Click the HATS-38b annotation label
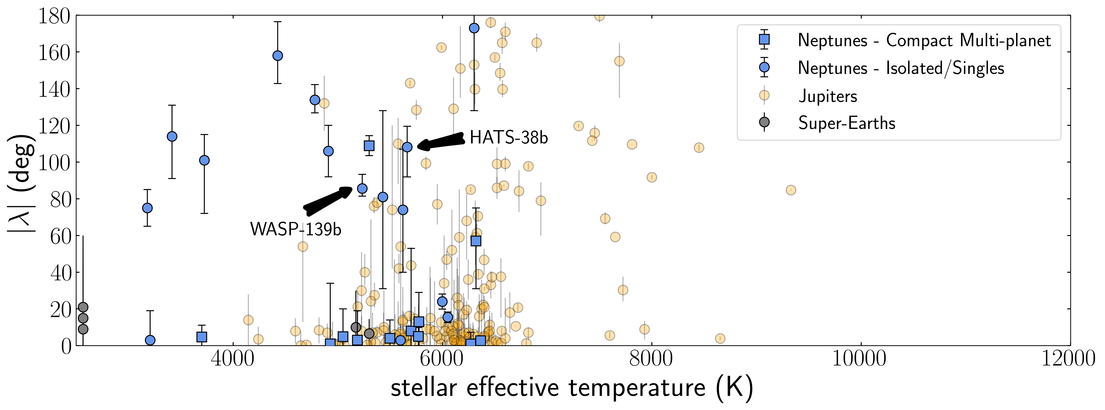[x=509, y=138]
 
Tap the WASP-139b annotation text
[x=296, y=230]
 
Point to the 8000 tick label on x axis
[x=651, y=359]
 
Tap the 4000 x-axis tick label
[x=233, y=359]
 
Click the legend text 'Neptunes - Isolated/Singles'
[x=901, y=68]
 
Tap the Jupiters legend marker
[x=764, y=95]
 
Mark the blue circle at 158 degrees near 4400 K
[x=278, y=56]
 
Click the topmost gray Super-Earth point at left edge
[x=83, y=307]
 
